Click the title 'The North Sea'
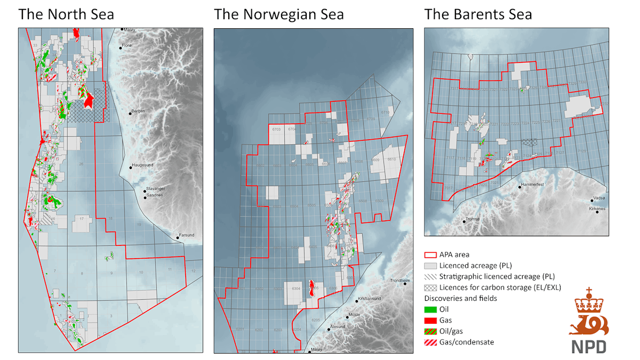pyautogui.click(x=66, y=14)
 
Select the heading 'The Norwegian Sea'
pyautogui.click(x=279, y=14)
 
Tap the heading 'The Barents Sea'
pyautogui.click(x=478, y=14)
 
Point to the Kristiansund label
pyautogui.click(x=369, y=299)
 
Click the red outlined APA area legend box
pyautogui.click(x=430, y=255)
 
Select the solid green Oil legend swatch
pyautogui.click(x=430, y=309)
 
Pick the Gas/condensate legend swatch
pyautogui.click(x=430, y=342)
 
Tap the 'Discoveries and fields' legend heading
pyautogui.click(x=460, y=298)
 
